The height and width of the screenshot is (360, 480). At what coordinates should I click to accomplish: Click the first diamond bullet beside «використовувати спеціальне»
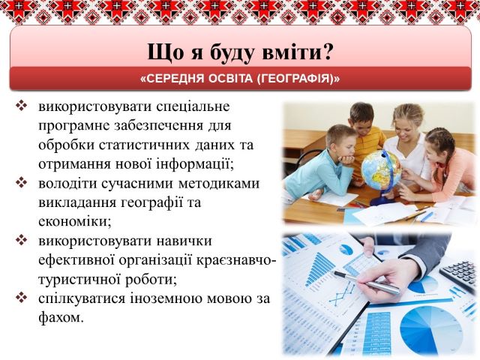click(22, 106)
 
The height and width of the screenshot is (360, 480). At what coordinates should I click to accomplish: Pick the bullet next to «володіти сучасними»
click(22, 183)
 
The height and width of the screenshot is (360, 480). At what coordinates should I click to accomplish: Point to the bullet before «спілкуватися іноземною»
click(22, 298)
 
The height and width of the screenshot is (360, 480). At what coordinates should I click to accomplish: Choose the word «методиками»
click(218, 183)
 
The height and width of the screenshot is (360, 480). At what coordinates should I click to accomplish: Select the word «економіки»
click(75, 221)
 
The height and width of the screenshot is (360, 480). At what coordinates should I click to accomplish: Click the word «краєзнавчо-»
click(237, 260)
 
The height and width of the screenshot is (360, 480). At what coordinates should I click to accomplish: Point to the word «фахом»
click(61, 317)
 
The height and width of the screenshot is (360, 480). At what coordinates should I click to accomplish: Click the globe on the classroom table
click(381, 169)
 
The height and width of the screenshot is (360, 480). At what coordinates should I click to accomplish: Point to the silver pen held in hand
click(367, 283)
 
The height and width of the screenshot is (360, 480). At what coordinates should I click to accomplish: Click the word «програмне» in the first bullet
click(73, 126)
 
